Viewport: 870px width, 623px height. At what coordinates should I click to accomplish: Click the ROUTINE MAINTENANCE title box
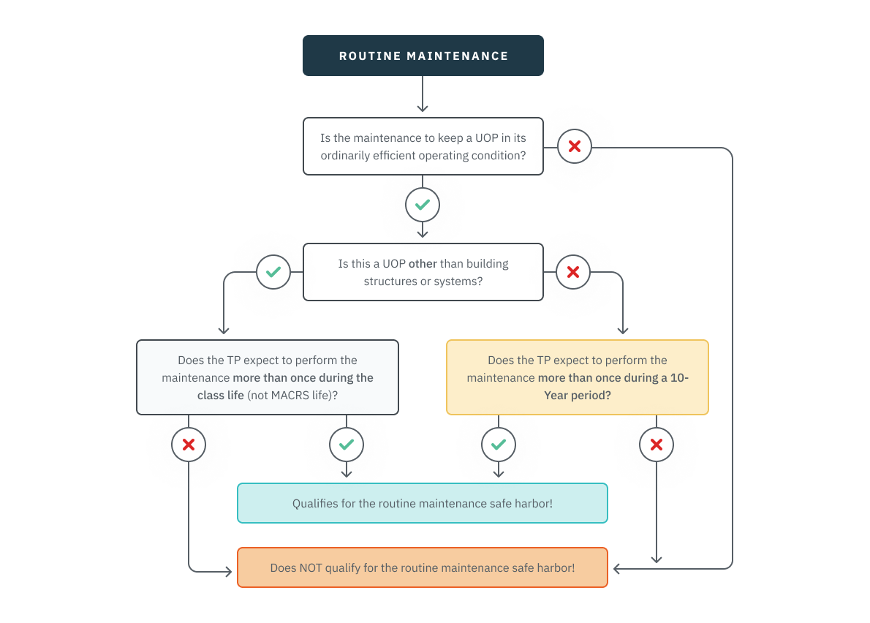tap(423, 56)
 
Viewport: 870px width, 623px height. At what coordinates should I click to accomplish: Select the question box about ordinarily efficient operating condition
tap(423, 146)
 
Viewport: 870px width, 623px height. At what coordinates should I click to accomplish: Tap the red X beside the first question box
tap(575, 146)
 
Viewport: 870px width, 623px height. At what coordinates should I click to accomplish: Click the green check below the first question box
tap(423, 205)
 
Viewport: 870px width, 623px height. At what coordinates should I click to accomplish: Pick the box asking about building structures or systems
tap(423, 272)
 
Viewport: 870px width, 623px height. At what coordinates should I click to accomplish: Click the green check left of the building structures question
tap(273, 272)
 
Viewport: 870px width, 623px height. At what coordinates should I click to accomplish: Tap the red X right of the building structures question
tap(573, 272)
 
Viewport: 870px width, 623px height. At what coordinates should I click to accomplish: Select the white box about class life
tap(268, 377)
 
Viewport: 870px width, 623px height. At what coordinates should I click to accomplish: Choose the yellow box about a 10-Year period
tap(577, 377)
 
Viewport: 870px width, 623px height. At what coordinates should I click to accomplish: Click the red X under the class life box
tap(189, 445)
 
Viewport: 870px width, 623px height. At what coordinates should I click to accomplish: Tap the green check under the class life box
tap(347, 445)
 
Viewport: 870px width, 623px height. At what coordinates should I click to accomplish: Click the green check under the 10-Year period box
tap(499, 445)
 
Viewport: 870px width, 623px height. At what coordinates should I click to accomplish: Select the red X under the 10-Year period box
tap(657, 445)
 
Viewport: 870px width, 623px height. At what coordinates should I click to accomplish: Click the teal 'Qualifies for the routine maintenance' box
tap(423, 503)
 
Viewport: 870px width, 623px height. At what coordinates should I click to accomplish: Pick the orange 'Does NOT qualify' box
tap(423, 567)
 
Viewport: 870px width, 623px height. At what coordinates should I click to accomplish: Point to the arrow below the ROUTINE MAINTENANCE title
tap(423, 95)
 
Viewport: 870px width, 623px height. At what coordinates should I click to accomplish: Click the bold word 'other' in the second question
tap(423, 264)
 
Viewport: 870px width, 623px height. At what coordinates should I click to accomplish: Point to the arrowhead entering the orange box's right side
tap(617, 568)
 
